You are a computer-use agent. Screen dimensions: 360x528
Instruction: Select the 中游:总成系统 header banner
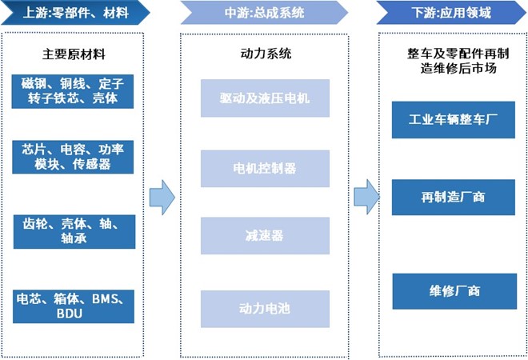coord(263,12)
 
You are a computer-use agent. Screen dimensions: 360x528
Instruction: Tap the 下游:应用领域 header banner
coord(452,12)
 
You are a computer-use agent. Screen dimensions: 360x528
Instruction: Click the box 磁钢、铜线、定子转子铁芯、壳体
coord(74,90)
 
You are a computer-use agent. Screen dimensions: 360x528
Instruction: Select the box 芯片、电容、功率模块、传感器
coord(74,157)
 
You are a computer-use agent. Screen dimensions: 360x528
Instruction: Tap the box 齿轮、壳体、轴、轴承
coord(74,230)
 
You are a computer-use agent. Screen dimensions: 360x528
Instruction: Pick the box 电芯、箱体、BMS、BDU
coord(74,306)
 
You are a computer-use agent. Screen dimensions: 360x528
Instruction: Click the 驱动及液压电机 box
coord(265,98)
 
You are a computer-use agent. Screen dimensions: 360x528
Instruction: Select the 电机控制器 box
coord(265,168)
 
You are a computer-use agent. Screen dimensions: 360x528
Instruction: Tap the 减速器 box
coord(265,236)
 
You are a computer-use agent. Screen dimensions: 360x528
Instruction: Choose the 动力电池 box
coord(265,307)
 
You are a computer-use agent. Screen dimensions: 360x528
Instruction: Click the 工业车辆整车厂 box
coord(454,120)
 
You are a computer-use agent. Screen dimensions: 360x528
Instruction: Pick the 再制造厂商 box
coord(454,197)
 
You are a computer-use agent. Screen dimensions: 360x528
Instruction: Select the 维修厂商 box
coord(454,290)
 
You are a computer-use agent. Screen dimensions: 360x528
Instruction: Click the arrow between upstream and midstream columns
coord(162,197)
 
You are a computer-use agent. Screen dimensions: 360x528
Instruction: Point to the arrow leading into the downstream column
coord(366,197)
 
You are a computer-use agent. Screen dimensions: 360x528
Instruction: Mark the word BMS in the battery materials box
coord(106,299)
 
